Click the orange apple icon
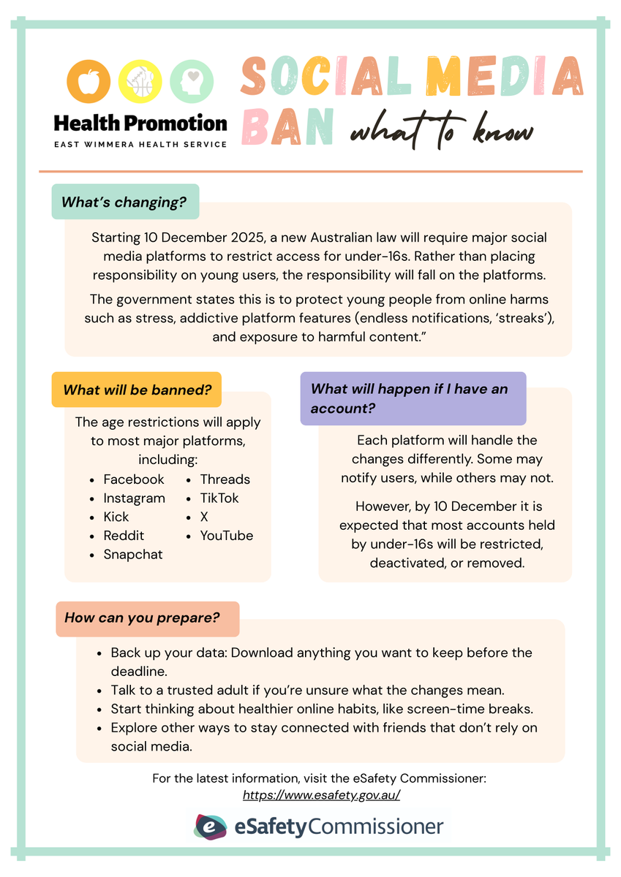pyautogui.click(x=89, y=81)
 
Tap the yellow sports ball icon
pyautogui.click(x=140, y=81)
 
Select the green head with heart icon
pyautogui.click(x=192, y=81)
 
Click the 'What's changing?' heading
pyautogui.click(x=124, y=202)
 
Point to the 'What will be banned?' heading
pyautogui.click(x=136, y=390)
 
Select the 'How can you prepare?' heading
pyautogui.click(x=142, y=618)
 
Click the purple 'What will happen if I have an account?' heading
pyautogui.click(x=412, y=398)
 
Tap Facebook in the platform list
pyautogui.click(x=134, y=479)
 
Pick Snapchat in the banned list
pyautogui.click(x=133, y=555)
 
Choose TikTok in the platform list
pyautogui.click(x=219, y=498)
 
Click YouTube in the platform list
pyautogui.click(x=227, y=536)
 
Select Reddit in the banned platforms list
pyautogui.click(x=124, y=536)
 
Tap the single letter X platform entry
pyautogui.click(x=204, y=517)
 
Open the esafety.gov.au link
pyautogui.click(x=321, y=795)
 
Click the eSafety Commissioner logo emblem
pyautogui.click(x=210, y=827)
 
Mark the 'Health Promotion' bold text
pyautogui.click(x=140, y=123)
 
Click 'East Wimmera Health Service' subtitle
pyautogui.click(x=140, y=144)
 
